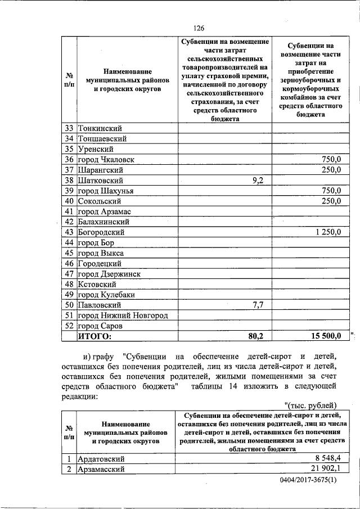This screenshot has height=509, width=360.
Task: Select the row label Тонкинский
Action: tap(100, 128)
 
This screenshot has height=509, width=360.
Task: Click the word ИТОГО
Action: tap(94, 336)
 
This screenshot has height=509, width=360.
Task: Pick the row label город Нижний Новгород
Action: tap(123, 316)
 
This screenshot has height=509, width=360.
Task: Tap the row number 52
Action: tap(69, 326)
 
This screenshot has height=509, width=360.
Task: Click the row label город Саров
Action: tap(100, 326)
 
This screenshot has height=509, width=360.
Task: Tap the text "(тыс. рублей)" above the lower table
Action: tap(310, 405)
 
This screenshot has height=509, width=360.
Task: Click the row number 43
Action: tap(69, 232)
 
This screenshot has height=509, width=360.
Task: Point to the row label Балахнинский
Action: tap(104, 222)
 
